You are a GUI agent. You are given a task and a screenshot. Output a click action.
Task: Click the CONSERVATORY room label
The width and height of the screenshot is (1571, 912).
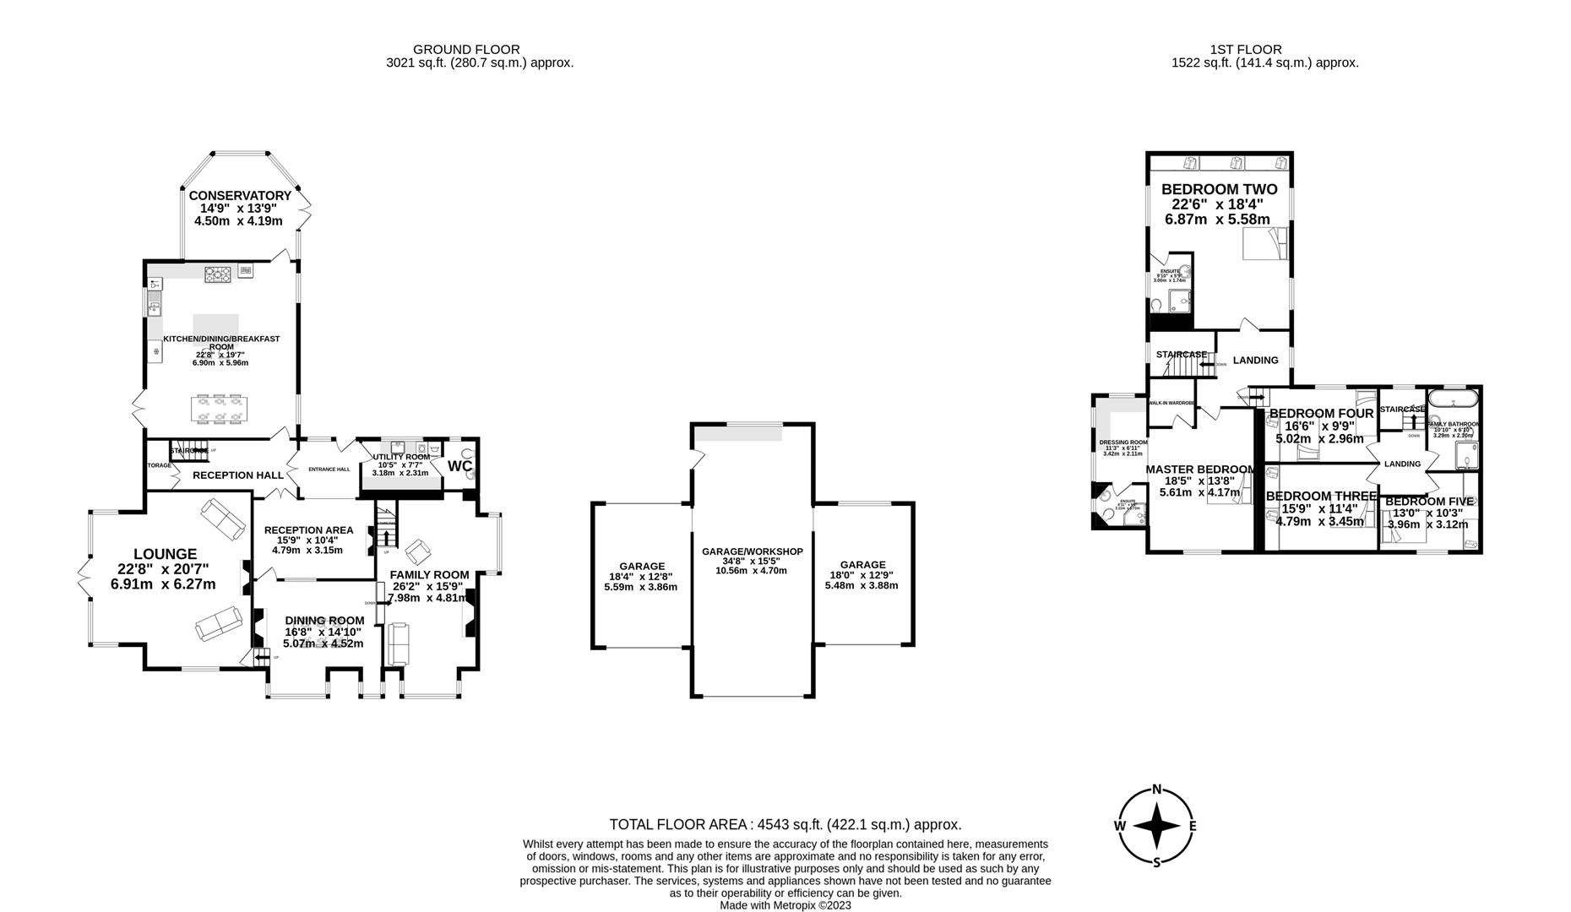239,196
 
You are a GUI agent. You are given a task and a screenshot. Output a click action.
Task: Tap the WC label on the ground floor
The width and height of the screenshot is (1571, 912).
459,466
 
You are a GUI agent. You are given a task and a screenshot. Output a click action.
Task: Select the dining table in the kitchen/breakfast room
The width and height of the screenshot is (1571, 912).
218,408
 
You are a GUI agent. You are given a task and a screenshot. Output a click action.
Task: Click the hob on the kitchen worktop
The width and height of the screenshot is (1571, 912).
217,273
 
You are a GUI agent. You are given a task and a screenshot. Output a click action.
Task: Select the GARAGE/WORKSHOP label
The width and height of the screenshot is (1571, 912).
752,551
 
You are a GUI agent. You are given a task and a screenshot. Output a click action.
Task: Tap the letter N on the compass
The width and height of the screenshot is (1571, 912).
1157,790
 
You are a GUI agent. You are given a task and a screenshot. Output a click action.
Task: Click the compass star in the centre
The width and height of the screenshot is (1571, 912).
1156,826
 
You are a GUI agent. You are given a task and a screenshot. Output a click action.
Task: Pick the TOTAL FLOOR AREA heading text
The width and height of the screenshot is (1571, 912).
785,824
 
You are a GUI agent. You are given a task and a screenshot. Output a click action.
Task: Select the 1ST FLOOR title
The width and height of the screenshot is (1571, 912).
1245,50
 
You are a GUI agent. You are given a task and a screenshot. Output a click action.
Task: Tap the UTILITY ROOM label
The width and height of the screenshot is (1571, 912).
401,457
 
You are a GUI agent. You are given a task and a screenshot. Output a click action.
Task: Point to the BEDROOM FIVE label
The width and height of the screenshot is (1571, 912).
1429,502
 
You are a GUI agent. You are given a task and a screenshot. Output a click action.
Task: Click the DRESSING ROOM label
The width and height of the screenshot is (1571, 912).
1123,442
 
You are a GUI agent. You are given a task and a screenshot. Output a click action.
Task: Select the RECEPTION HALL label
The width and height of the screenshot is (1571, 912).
237,475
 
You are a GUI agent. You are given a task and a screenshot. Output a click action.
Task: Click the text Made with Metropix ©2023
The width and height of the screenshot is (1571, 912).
785,905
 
